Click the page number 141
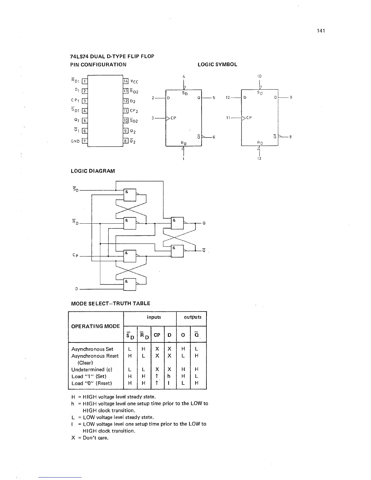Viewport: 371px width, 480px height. [x=321, y=31]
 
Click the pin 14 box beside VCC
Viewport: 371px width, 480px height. [x=125, y=81]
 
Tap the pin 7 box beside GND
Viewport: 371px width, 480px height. [x=85, y=141]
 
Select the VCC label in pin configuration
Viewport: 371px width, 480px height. [x=134, y=82]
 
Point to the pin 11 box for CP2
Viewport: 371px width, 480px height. [x=125, y=111]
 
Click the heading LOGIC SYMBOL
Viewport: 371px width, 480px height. [x=217, y=65]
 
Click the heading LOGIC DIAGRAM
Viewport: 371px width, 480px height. [x=92, y=171]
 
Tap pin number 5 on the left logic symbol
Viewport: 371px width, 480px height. [x=214, y=98]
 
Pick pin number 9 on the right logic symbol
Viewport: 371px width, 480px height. [x=291, y=98]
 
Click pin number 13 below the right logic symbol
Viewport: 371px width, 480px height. [x=259, y=158]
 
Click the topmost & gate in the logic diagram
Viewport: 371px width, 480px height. [x=130, y=195]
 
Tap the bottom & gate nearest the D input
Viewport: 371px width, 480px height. [x=130, y=285]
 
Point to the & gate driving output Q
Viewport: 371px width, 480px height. [x=177, y=223]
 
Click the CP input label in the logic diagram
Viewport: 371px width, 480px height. [x=75, y=255]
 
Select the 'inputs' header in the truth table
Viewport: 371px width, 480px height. [x=154, y=317]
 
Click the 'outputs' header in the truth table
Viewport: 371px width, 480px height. [x=192, y=317]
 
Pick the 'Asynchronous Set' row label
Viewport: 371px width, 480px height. [x=92, y=349]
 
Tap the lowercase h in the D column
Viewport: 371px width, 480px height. [x=169, y=376]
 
